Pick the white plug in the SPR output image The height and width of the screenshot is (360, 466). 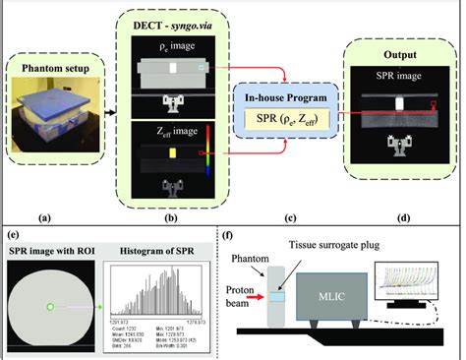click(398, 103)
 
